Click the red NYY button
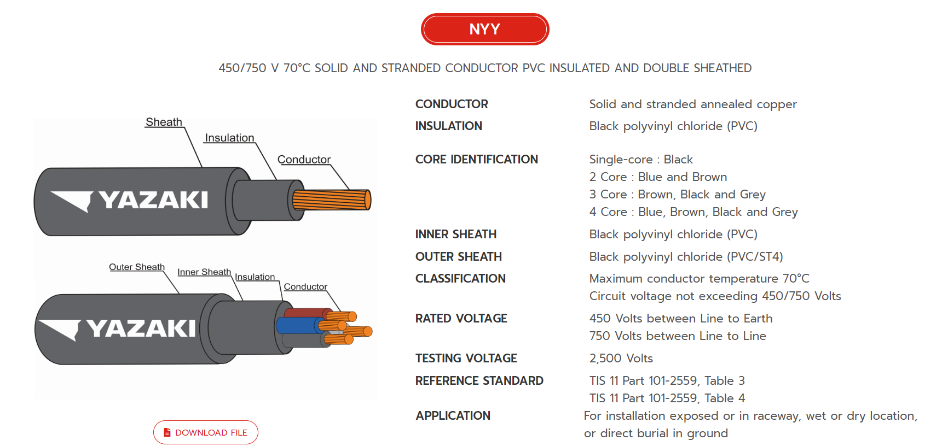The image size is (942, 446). click(x=484, y=29)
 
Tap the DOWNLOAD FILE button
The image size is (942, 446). click(x=206, y=432)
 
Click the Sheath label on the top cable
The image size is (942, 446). click(x=164, y=122)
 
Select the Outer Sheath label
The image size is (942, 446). click(x=136, y=267)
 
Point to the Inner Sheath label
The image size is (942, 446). click(x=204, y=272)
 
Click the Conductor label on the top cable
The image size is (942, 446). click(x=304, y=160)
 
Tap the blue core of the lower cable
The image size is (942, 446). click(x=296, y=326)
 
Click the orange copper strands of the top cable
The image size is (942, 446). click(x=331, y=200)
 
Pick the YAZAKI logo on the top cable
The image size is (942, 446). click(x=130, y=200)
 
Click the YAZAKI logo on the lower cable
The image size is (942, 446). click(x=118, y=328)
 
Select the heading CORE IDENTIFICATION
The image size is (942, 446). click(x=476, y=159)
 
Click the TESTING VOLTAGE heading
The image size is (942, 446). click(x=466, y=358)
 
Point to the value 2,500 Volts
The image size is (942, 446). click(x=621, y=358)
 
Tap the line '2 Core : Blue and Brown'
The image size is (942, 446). click(x=658, y=177)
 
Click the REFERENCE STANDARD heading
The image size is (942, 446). click(x=479, y=380)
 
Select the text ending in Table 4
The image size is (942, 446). click(x=667, y=398)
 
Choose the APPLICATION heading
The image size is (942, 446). click(x=453, y=415)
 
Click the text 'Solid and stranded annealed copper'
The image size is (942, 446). click(x=692, y=104)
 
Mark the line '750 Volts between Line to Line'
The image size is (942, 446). click(x=677, y=336)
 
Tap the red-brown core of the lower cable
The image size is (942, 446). click(x=304, y=313)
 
